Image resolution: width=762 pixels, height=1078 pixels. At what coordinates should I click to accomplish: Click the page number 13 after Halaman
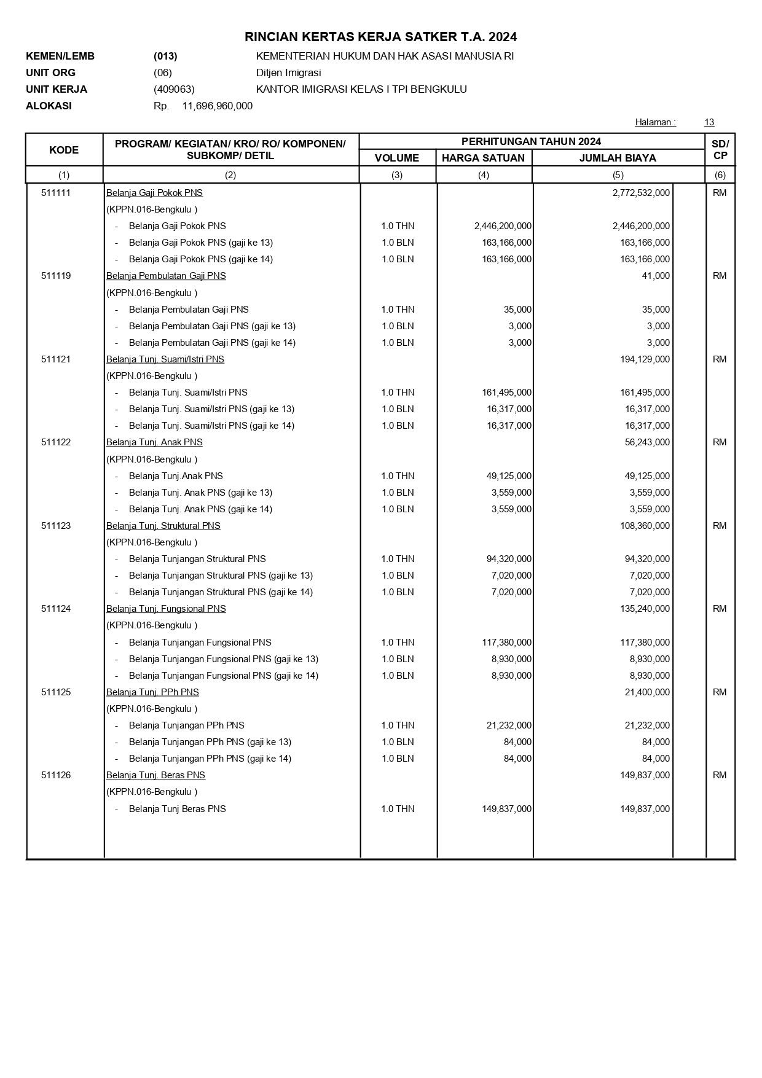tap(709, 122)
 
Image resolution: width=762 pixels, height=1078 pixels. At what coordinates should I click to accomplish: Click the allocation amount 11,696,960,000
tap(217, 106)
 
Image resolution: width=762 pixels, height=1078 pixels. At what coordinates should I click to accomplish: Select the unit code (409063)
tap(174, 89)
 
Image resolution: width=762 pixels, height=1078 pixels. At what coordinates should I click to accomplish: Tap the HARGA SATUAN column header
tap(483, 158)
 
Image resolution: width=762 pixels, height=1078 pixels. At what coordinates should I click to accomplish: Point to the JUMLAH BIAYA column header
tap(618, 158)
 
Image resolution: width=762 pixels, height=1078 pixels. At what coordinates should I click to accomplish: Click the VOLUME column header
tap(397, 158)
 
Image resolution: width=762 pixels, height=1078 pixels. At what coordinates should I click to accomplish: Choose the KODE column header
tap(64, 150)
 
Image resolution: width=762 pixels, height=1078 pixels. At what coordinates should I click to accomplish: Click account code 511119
tap(56, 276)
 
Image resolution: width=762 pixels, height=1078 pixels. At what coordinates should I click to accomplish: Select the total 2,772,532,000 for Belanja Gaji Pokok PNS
tap(641, 193)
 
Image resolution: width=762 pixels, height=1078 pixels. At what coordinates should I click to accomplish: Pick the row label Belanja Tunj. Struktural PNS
tap(163, 526)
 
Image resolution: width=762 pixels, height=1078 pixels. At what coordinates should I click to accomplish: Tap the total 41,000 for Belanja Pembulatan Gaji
tap(656, 276)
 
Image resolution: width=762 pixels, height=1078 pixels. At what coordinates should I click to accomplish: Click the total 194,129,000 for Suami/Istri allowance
tap(645, 359)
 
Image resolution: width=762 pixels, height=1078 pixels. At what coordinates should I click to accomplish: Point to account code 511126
tap(56, 775)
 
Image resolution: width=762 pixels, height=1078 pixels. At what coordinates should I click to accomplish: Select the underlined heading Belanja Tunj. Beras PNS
tap(155, 775)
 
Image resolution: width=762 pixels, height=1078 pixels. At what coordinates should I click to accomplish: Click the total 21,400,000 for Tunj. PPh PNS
tap(647, 692)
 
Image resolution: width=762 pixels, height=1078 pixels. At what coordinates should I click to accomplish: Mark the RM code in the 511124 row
tap(720, 609)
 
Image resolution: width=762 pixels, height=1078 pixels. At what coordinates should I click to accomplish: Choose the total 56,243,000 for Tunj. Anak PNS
tap(647, 442)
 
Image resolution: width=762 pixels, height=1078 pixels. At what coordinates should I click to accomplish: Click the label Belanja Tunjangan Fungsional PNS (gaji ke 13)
tap(224, 659)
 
